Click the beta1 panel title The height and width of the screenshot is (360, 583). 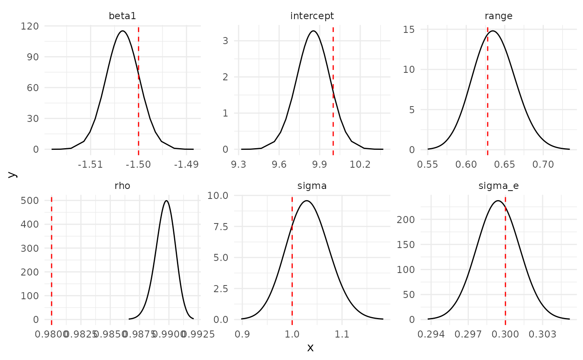click(x=122, y=16)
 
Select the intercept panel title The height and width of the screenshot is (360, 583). click(x=312, y=16)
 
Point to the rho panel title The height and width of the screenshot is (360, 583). click(x=122, y=186)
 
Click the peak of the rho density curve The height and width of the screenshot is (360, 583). click(x=167, y=201)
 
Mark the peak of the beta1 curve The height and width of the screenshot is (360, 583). click(x=122, y=31)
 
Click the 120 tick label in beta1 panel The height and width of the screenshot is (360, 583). click(x=30, y=26)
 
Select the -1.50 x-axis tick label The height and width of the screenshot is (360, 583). click(x=138, y=164)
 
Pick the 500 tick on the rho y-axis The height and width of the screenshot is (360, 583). click(x=30, y=201)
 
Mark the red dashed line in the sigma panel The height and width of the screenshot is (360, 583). click(x=292, y=258)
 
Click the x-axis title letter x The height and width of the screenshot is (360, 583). click(x=310, y=348)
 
